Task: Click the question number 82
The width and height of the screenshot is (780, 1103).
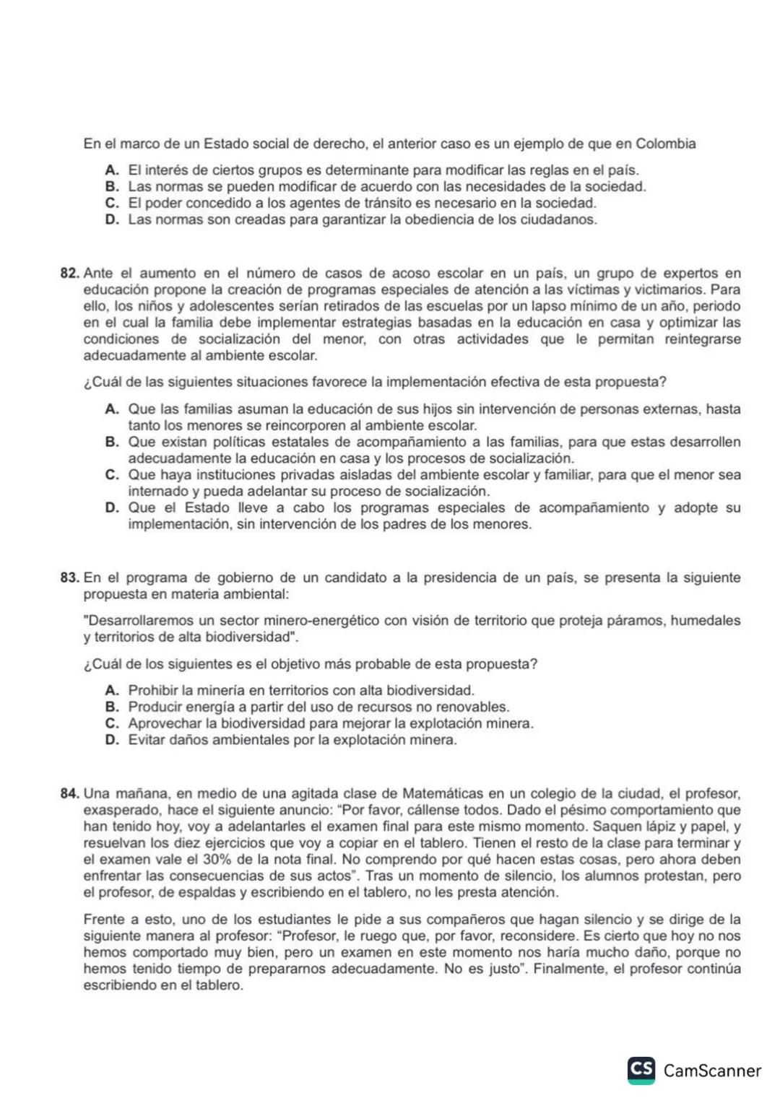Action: pos(69,274)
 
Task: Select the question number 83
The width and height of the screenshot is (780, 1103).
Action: pos(69,578)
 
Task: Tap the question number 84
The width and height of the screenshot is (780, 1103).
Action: pos(69,794)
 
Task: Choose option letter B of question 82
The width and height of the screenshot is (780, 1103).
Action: pos(112,442)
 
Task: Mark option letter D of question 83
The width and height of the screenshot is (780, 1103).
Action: pos(112,740)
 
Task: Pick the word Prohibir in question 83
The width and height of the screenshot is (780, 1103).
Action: pos(153,691)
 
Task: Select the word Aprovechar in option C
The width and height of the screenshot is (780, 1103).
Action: pos(164,724)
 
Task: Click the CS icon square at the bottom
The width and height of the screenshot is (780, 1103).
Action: pos(641,1070)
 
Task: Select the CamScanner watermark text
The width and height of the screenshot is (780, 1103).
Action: pos(712,1071)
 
